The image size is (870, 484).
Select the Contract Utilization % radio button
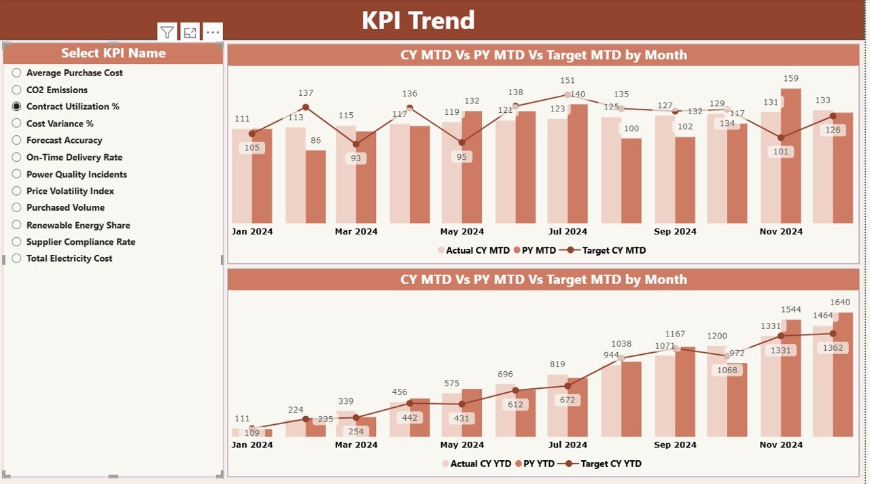pyautogui.click(x=17, y=107)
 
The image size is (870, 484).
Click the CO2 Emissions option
pyautogui.click(x=56, y=90)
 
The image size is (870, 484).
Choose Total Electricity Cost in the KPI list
pyautogui.click(x=69, y=258)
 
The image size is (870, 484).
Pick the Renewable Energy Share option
pyautogui.click(x=77, y=225)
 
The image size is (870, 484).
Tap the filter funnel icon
pyautogui.click(x=167, y=32)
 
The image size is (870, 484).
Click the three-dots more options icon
pyautogui.click(x=213, y=32)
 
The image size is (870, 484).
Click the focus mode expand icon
pyautogui.click(x=190, y=32)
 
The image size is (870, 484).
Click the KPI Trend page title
pyautogui.click(x=417, y=20)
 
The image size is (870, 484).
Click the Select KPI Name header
pyautogui.click(x=113, y=53)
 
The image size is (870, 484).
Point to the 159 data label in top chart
pyautogui.click(x=790, y=79)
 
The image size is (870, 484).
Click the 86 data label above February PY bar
pyautogui.click(x=315, y=141)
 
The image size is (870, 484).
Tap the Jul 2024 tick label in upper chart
pyautogui.click(x=568, y=232)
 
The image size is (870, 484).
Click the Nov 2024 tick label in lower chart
pyautogui.click(x=781, y=445)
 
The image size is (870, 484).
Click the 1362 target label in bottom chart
pyautogui.click(x=833, y=348)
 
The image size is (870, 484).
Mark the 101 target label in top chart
pyautogui.click(x=781, y=152)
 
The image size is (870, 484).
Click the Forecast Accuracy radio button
pyautogui.click(x=17, y=141)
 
